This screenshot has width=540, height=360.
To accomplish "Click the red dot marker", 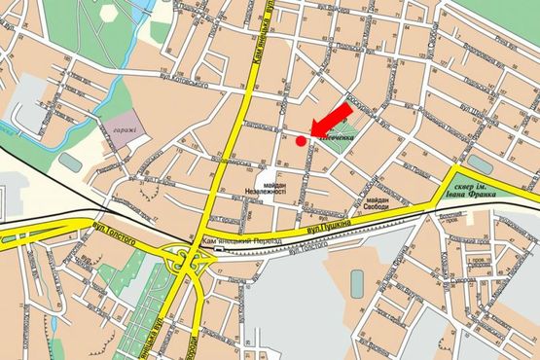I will pos(300,141).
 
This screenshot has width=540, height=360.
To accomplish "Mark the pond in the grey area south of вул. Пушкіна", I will pos(357,281).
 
